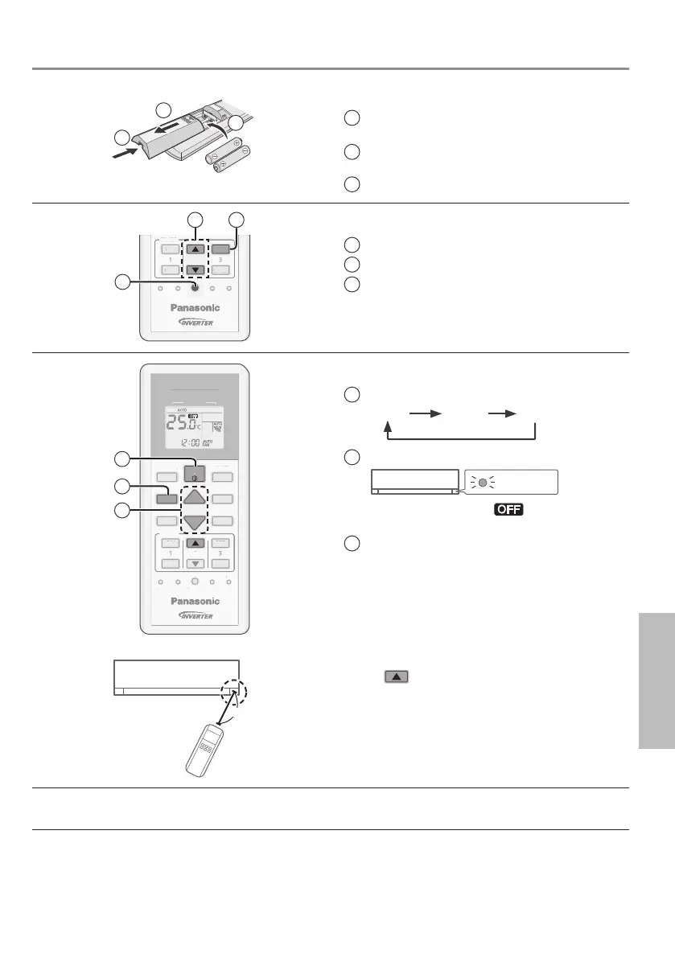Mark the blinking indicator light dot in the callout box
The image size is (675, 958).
pyautogui.click(x=484, y=483)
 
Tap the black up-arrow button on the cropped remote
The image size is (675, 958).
pyautogui.click(x=193, y=249)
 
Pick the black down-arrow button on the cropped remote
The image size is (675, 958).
pyautogui.click(x=193, y=270)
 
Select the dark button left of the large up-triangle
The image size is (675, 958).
pyautogui.click(x=166, y=497)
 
